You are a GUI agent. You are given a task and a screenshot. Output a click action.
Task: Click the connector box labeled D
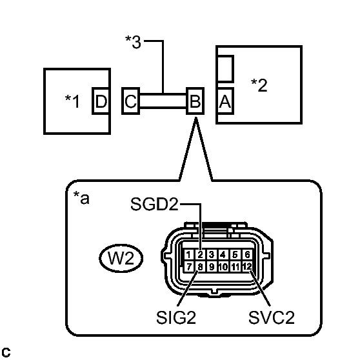[101, 101]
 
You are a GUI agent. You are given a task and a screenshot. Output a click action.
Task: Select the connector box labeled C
[130, 101]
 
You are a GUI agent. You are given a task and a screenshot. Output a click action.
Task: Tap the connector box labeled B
[194, 101]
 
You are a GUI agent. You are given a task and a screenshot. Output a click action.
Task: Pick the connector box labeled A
[225, 101]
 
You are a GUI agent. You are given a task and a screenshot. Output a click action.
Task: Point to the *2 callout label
[259, 85]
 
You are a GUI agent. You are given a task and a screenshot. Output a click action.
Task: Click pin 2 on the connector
[201, 255]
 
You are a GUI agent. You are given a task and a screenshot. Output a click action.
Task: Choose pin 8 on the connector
[201, 266]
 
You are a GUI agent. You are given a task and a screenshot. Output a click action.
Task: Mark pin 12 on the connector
[246, 266]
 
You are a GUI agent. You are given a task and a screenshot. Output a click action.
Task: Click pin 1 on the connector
[190, 255]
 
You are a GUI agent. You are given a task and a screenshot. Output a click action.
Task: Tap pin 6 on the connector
[246, 255]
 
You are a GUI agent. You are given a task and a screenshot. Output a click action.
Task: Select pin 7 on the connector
[190, 266]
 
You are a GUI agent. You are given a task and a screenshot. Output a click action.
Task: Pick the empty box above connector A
[225, 68]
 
